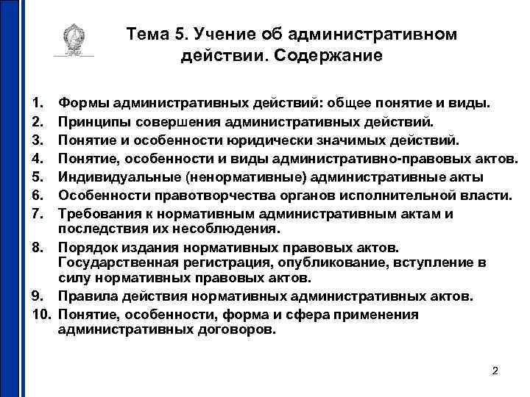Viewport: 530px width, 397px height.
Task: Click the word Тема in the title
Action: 147,35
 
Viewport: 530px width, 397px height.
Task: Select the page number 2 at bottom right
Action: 495,371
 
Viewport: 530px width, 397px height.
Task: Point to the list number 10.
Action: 40,315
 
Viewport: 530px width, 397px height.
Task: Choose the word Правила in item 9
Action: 87,297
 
